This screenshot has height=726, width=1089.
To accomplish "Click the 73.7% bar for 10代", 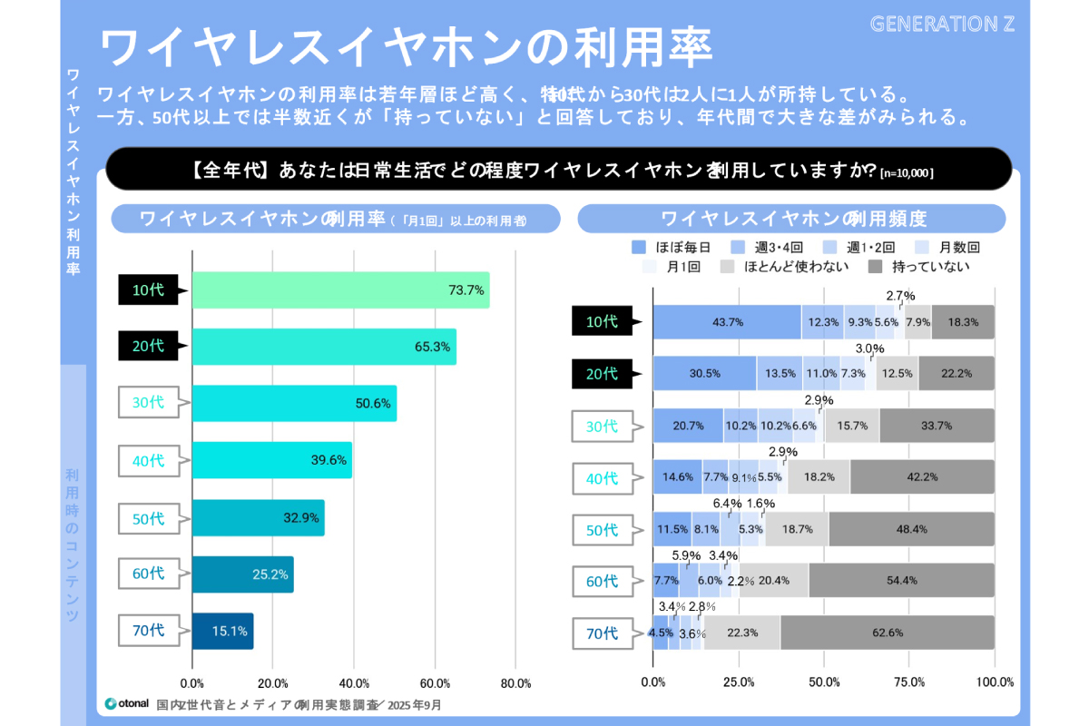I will point(340,290).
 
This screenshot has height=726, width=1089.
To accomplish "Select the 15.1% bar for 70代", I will point(222,632).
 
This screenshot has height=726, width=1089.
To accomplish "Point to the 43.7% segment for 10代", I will point(727,322).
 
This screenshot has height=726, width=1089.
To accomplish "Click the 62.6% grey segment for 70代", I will point(887,633).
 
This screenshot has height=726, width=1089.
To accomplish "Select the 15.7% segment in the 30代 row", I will point(850,426).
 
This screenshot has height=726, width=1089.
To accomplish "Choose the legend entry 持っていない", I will point(919,267).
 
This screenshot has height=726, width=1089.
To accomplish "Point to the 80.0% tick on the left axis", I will point(515,683).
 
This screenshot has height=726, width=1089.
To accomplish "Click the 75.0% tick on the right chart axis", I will point(909,683).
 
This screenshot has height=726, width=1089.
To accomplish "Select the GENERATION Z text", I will point(942,25).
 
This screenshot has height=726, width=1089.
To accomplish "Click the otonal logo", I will point(126,703).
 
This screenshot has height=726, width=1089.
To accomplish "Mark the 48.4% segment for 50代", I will point(911,529).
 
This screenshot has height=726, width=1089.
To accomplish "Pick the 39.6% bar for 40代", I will point(271,461).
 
